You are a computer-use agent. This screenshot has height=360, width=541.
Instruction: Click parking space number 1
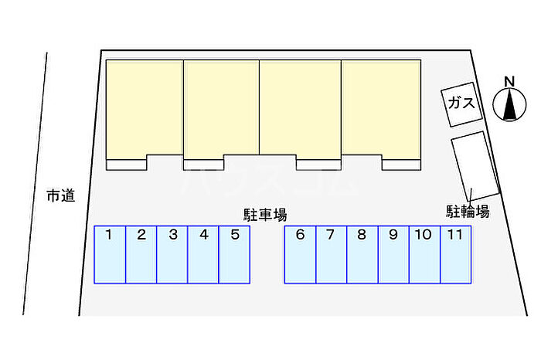click(110, 254)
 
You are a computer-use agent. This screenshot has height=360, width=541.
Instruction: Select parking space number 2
click(141, 254)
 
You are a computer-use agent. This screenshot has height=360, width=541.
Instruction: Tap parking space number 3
click(172, 254)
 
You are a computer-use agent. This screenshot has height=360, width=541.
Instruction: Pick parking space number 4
click(203, 254)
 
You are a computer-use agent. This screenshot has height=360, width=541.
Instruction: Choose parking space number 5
click(234, 254)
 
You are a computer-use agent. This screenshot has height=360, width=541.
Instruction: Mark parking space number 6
click(300, 254)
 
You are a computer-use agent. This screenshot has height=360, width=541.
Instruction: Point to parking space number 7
click(332, 254)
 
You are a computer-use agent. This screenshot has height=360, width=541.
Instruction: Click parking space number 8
click(362, 254)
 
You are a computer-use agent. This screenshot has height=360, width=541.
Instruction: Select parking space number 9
click(393, 254)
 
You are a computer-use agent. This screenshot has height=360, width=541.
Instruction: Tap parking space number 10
click(425, 254)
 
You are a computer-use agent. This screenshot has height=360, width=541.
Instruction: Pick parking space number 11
click(456, 254)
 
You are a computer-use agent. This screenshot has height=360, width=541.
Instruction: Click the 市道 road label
click(61, 195)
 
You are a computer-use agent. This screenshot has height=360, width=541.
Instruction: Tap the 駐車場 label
click(265, 215)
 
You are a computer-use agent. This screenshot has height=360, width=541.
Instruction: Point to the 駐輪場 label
click(468, 212)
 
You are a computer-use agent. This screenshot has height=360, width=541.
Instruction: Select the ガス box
click(461, 104)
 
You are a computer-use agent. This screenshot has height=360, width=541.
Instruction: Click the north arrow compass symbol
click(509, 104)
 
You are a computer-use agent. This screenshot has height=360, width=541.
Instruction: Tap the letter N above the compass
click(509, 82)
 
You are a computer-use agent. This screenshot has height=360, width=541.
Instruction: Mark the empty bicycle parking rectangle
click(475, 166)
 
